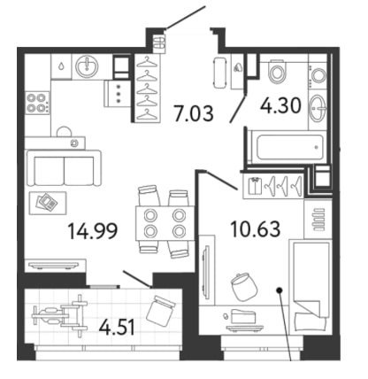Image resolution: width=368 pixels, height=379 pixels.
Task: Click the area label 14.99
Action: pos(93,231)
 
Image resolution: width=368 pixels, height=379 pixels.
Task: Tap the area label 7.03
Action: pos(194,113)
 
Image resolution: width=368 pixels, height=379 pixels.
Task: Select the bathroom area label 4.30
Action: pos(280,105)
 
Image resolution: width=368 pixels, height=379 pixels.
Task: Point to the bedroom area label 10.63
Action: pos(256,229)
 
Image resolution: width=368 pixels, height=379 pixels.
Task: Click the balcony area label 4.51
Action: pos(117,328)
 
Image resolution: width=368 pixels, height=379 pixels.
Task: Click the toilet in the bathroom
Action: pos(278,71)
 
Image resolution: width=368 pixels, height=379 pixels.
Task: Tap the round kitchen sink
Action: pos(87,66)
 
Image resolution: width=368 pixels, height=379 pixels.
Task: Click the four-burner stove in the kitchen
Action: pos(37,103)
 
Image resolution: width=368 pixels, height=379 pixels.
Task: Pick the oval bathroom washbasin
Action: pos(318,108)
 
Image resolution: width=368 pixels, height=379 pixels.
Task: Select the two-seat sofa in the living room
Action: pos(64,168)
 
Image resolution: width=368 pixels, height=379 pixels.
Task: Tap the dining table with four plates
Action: pos(165,223)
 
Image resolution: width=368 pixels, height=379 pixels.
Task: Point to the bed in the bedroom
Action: pos(310,287)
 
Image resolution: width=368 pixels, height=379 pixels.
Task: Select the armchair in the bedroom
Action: pos(244,287)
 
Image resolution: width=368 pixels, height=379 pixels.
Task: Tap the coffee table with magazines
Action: pos(48,203)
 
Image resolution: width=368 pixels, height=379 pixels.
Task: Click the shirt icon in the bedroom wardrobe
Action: pos(255,186)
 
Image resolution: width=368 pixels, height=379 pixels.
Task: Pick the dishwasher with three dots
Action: pos(117,94)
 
